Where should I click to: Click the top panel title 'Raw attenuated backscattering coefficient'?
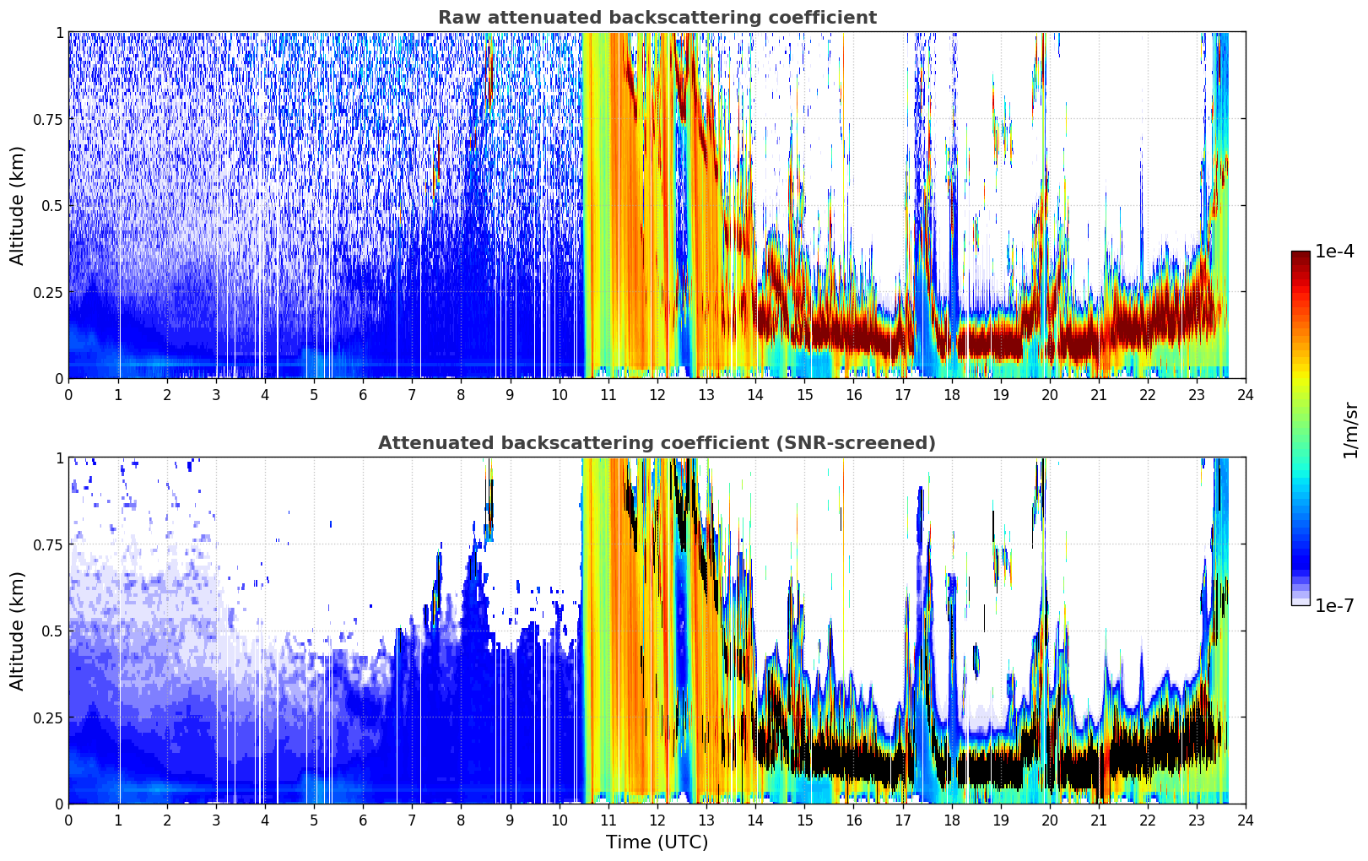(657, 17)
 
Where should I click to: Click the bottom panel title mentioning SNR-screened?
(657, 442)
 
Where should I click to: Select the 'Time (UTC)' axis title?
(657, 842)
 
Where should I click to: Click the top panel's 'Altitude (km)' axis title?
(17, 205)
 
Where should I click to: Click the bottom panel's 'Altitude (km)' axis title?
(17, 631)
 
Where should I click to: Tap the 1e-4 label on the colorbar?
(1334, 251)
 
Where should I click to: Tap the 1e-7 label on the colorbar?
(1334, 606)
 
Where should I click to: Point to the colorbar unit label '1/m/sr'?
(1350, 430)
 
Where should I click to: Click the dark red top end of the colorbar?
(1300, 254)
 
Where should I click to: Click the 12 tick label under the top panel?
(657, 395)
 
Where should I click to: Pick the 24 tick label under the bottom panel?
(1246, 820)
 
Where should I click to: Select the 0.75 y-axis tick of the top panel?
(47, 119)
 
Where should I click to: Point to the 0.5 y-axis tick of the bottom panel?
(51, 631)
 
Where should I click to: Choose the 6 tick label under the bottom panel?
(363, 820)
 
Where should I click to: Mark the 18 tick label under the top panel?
(951, 395)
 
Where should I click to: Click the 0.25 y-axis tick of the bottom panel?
(47, 717)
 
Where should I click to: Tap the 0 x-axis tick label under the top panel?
(68, 395)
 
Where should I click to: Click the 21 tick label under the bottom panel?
(1099, 820)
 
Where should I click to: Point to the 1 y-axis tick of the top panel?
(59, 33)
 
